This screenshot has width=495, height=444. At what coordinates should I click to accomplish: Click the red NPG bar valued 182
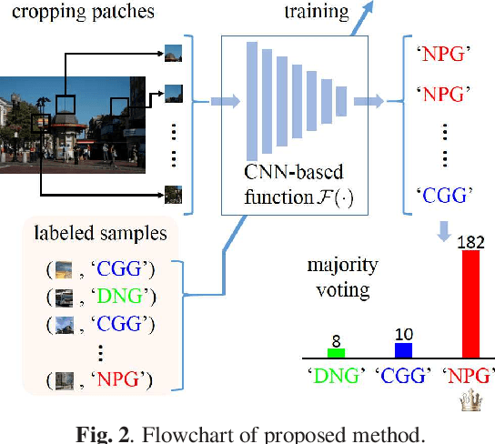(x=471, y=304)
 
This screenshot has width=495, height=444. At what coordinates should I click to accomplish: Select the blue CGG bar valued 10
(x=403, y=350)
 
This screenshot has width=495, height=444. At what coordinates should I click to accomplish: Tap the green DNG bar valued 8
(x=337, y=352)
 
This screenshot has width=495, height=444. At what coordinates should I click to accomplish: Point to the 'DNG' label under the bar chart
(x=336, y=375)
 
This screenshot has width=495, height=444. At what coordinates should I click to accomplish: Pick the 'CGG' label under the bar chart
(x=403, y=375)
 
